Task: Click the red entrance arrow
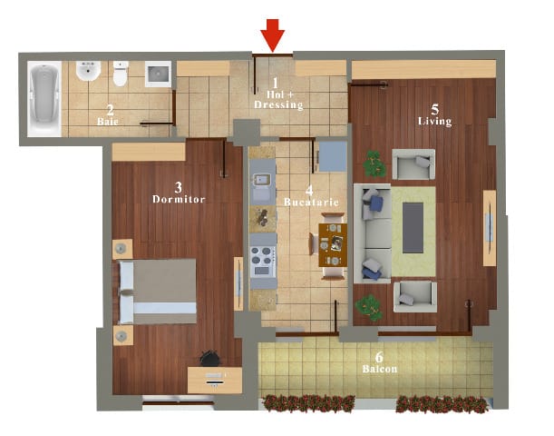(x=272, y=35)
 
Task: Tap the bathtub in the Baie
(x=44, y=99)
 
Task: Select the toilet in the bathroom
(x=120, y=74)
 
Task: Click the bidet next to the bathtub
(x=88, y=71)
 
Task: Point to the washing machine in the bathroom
(x=158, y=74)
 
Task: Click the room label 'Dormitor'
(x=179, y=199)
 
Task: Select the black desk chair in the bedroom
(x=210, y=358)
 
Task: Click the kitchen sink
(x=262, y=185)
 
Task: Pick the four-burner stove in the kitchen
(x=263, y=262)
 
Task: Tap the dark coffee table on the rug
(x=413, y=228)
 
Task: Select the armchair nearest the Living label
(x=413, y=164)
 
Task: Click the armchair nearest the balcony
(x=415, y=296)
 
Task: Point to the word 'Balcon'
(x=380, y=369)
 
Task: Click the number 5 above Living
(x=435, y=110)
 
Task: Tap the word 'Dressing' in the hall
(x=278, y=104)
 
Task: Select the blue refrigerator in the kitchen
(x=333, y=157)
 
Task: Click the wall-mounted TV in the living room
(x=490, y=228)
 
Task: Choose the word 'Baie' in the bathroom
(x=108, y=122)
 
